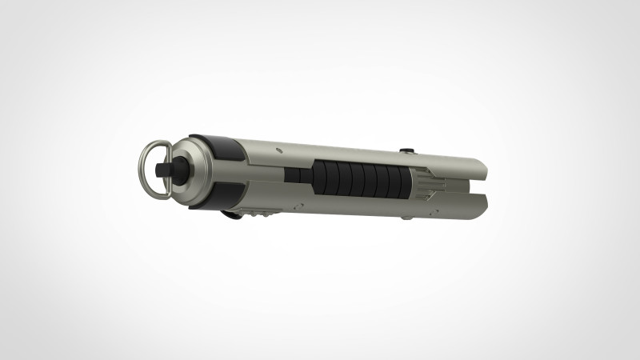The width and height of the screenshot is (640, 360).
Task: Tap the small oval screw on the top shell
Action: (x=277, y=149)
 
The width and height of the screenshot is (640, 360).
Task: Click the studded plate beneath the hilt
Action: (x=260, y=213)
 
